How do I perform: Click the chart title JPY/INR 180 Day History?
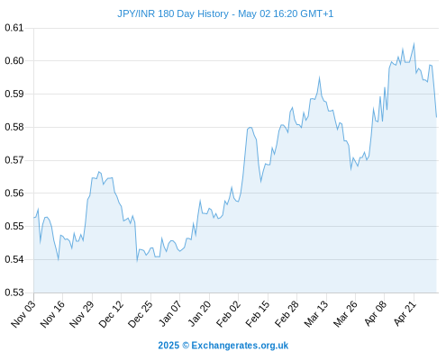pyautogui.click(x=173, y=13)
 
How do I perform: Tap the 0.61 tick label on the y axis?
pyautogui.click(x=14, y=28)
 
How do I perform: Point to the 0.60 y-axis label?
pyautogui.click(x=14, y=61)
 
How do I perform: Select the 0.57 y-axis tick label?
pyautogui.click(x=14, y=160)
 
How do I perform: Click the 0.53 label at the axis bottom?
pyautogui.click(x=14, y=292)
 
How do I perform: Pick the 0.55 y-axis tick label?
pyautogui.click(x=14, y=226)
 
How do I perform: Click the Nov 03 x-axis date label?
pyautogui.click(x=23, y=314)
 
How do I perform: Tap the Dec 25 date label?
pyautogui.click(x=141, y=314)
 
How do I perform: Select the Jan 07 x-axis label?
pyautogui.click(x=170, y=314)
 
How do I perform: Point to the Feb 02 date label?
pyautogui.click(x=229, y=314)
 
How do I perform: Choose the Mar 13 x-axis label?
pyautogui.click(x=316, y=314)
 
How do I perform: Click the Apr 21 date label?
pyautogui.click(x=405, y=314)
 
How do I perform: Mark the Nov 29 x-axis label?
pyautogui.click(x=82, y=314)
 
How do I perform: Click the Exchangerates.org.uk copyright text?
pyautogui.click(x=223, y=346)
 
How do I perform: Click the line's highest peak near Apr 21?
pyautogui.click(x=414, y=43)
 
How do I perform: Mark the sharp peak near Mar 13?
pyautogui.click(x=319, y=77)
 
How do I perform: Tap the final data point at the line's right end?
pyautogui.click(x=436, y=117)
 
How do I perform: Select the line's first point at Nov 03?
pyautogui.click(x=34, y=218)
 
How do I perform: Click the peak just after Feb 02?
pyautogui.click(x=250, y=128)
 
